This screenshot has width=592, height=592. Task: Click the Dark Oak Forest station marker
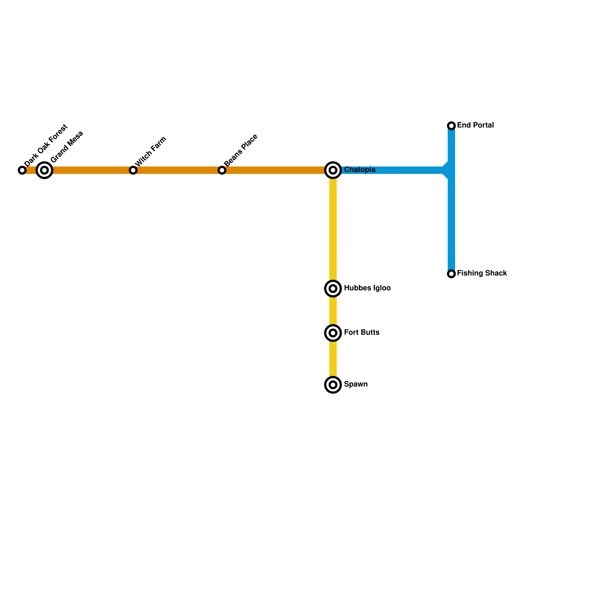[x=22, y=170]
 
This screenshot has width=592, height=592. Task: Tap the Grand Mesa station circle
[x=44, y=170]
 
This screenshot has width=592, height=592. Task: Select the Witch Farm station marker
[x=133, y=170]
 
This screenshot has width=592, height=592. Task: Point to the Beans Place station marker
[x=222, y=170]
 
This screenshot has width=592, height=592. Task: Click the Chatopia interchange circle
[x=333, y=170]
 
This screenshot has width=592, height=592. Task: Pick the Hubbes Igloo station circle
[x=333, y=289]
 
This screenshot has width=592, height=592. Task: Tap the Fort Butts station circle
[x=333, y=333]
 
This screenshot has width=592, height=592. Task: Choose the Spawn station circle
[x=333, y=385]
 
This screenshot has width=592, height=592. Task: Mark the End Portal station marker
[x=451, y=126]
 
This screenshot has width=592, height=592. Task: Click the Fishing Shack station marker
[x=451, y=274]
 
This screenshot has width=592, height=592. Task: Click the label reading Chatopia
[x=360, y=170]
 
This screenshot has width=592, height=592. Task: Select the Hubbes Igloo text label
[x=367, y=288]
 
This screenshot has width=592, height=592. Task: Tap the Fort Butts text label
[x=361, y=333]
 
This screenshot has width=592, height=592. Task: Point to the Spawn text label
[x=356, y=384]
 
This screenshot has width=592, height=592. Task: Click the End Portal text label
[x=475, y=125]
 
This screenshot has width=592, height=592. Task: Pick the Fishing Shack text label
[x=482, y=273]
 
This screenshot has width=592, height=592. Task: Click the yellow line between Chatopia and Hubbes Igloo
[x=333, y=229]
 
